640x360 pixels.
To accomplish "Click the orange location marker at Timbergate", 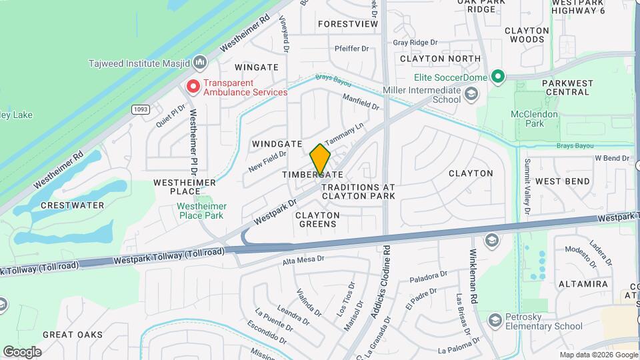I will (320, 159).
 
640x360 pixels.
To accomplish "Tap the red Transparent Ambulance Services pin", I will (193, 87).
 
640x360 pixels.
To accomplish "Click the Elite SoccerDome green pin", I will (497, 77).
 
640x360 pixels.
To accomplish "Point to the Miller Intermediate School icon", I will (471, 95).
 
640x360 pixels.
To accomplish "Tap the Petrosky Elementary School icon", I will (494, 321).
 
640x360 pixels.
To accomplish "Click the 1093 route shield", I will (140, 109).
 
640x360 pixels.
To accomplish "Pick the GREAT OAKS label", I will (73, 334).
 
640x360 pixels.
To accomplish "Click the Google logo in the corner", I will (21, 352).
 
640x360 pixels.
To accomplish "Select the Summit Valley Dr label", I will (527, 186).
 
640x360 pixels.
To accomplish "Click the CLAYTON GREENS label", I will (317, 219).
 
